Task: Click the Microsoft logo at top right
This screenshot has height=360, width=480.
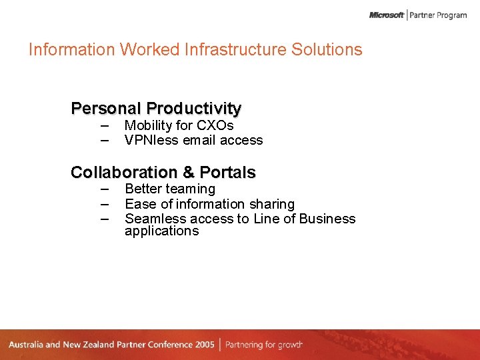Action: pyautogui.click(x=387, y=15)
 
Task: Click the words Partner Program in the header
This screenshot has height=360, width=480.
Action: pyautogui.click(x=438, y=15)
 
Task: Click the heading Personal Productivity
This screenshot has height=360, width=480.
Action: pyautogui.click(x=156, y=108)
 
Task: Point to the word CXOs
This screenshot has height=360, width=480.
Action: pyautogui.click(x=215, y=125)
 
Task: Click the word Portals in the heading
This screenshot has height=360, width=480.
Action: pyautogui.click(x=227, y=172)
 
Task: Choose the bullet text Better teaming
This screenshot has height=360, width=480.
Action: pyautogui.click(x=170, y=189)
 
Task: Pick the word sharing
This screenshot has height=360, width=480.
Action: pyautogui.click(x=271, y=204)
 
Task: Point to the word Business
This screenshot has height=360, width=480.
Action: pyautogui.click(x=327, y=219)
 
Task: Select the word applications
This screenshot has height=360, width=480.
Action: pyautogui.click(x=161, y=231)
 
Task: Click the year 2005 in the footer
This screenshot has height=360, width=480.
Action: pyautogui.click(x=205, y=345)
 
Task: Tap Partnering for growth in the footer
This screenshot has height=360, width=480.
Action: pyautogui.click(x=264, y=345)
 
